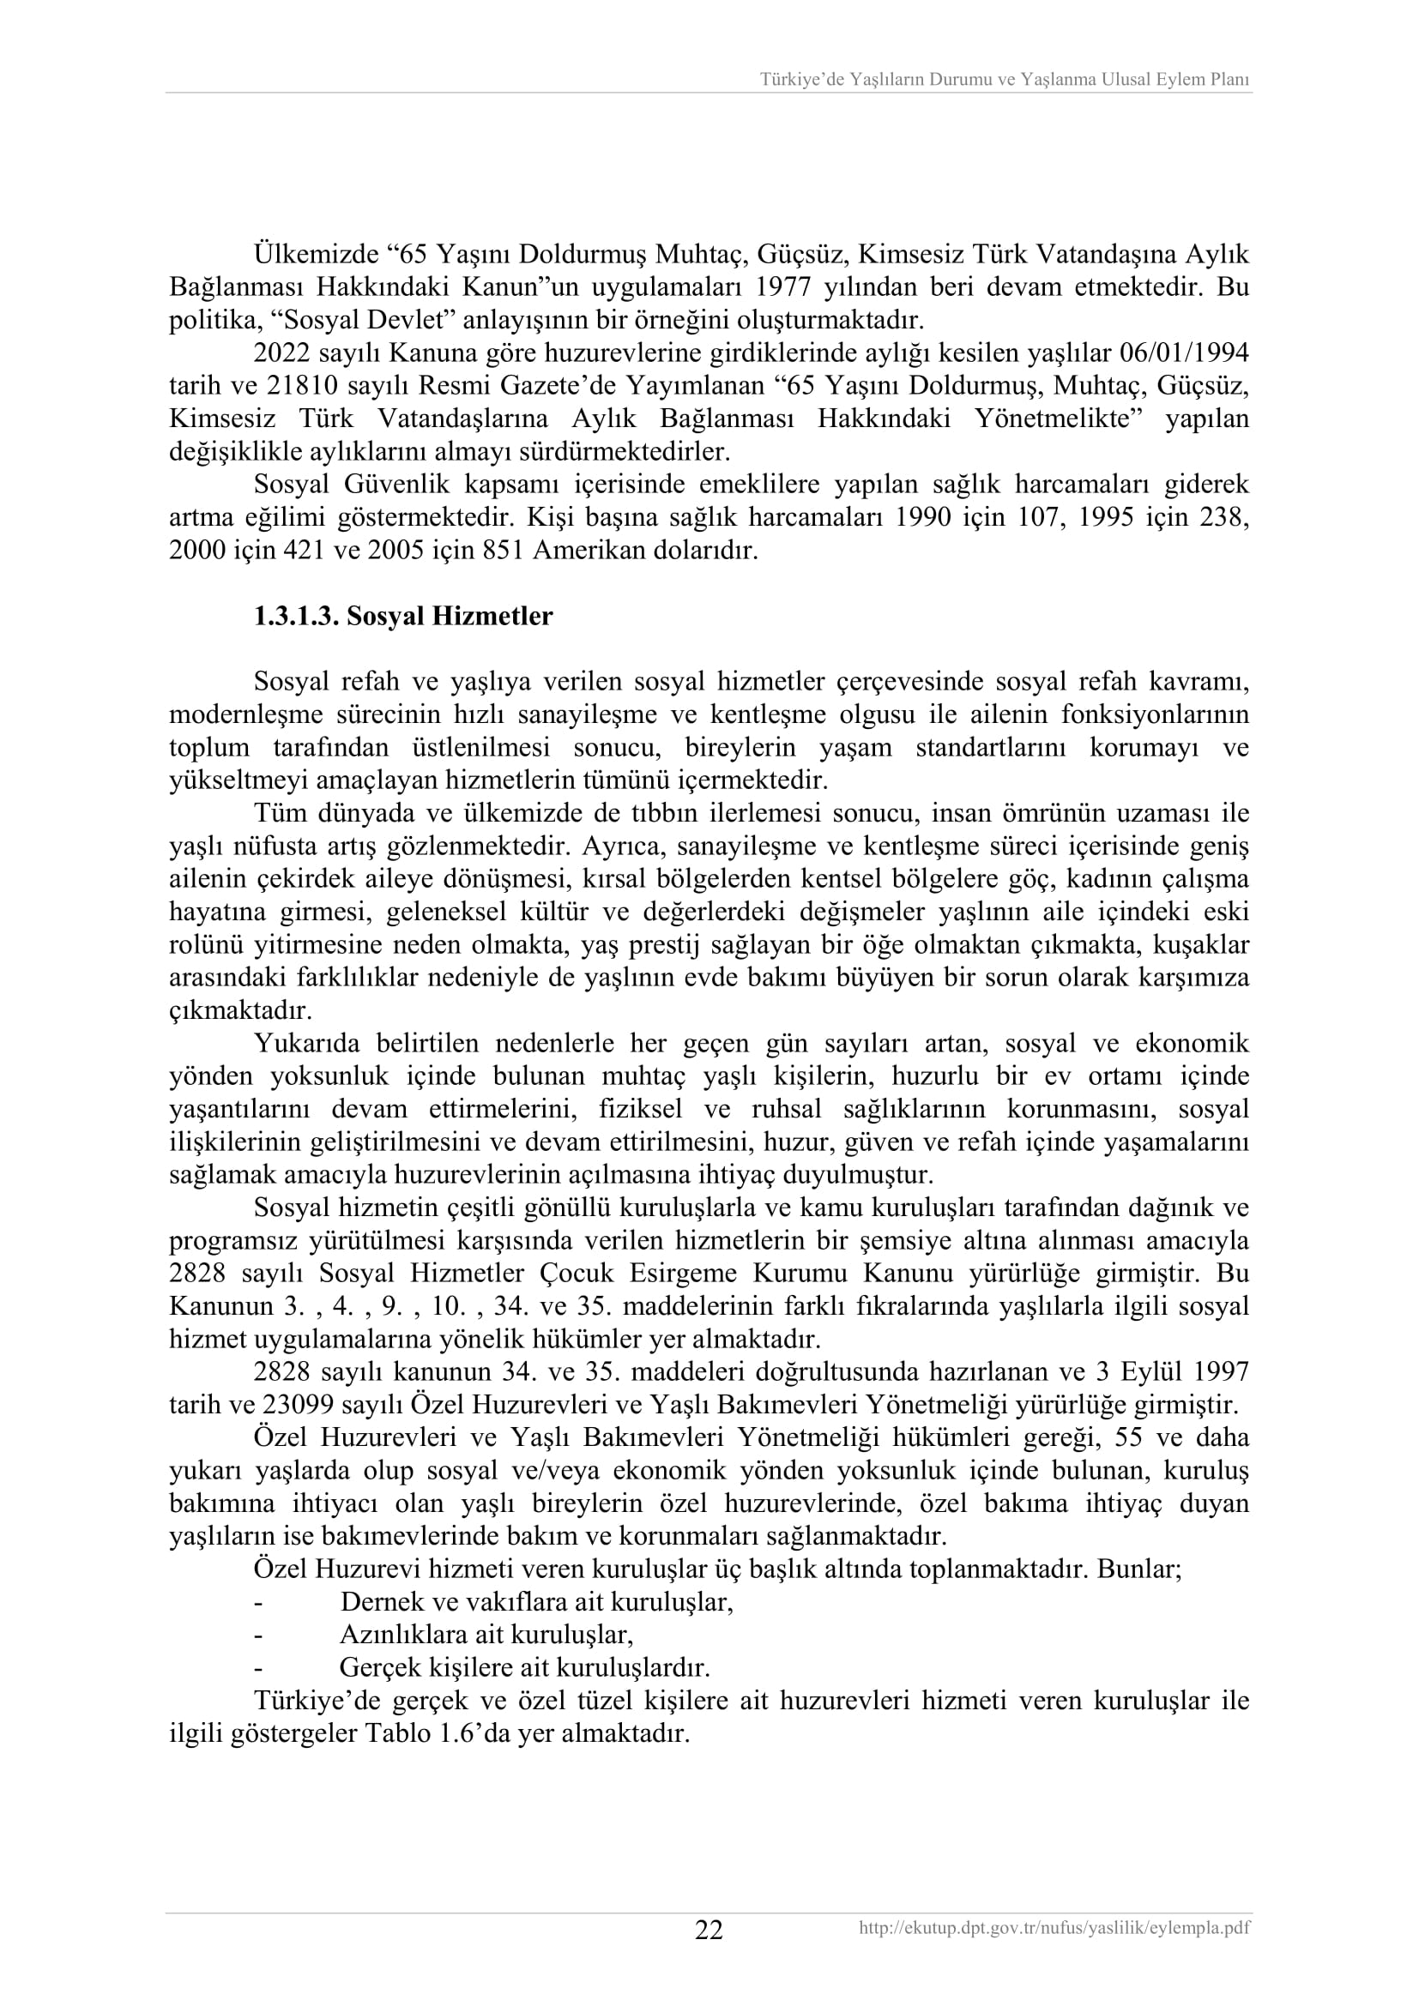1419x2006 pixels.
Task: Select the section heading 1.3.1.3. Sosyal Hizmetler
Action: (403, 617)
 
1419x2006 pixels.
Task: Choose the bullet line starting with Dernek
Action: (535, 1602)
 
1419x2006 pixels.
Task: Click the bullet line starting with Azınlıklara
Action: (486, 1635)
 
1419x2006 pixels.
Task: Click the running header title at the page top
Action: (1004, 81)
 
